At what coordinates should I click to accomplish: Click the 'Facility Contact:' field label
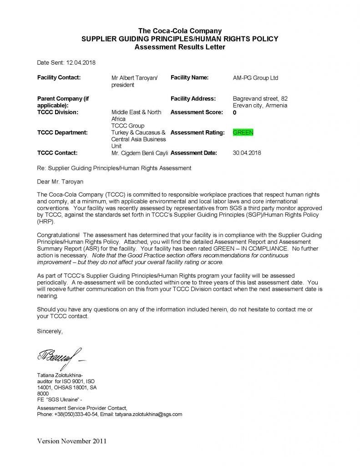59,77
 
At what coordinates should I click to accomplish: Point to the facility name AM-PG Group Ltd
255,78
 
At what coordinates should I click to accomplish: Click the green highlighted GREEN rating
243,132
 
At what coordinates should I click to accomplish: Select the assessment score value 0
234,112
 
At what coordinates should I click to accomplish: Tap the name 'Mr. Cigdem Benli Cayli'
140,153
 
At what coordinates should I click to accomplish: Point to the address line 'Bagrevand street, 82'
260,98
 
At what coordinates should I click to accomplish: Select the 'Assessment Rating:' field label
198,132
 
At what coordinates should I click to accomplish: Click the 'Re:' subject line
114,168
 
